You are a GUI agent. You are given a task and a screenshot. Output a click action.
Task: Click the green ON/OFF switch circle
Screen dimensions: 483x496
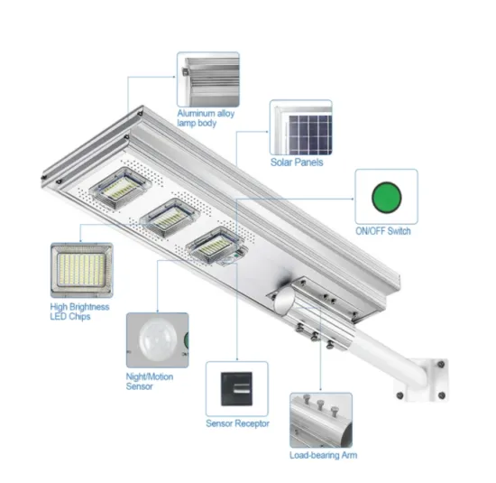pyautogui.click(x=385, y=197)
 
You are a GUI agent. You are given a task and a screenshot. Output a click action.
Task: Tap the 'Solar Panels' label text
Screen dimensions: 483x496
pyautogui.click(x=297, y=163)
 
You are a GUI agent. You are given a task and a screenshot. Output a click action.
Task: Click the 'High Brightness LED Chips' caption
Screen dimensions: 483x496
pyautogui.click(x=80, y=312)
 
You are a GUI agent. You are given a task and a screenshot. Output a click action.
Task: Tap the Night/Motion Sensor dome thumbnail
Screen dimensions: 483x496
pyautogui.click(x=156, y=341)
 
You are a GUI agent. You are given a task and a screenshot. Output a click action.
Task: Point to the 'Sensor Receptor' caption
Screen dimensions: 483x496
pyautogui.click(x=237, y=423)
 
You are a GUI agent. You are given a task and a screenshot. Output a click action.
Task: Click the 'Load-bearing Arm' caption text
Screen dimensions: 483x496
pyautogui.click(x=321, y=457)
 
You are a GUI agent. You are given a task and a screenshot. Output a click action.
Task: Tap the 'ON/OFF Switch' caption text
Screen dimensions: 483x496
pyautogui.click(x=386, y=233)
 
